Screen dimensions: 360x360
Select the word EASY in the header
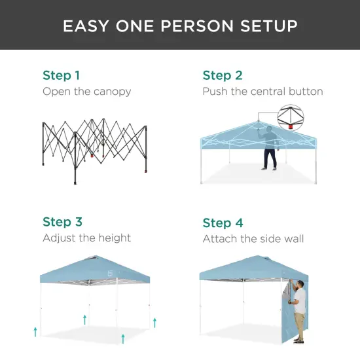coord(84,26)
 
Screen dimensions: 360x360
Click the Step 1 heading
coord(62,75)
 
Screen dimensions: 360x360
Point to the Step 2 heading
coord(223,75)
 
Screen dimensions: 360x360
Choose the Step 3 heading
coord(62,222)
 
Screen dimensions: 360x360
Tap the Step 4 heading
coord(223,223)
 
